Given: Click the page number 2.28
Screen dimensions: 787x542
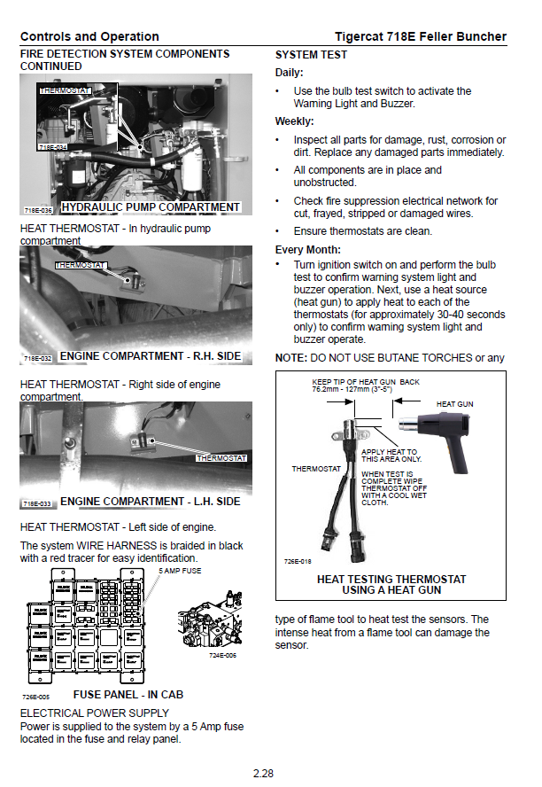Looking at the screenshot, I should coord(263,773).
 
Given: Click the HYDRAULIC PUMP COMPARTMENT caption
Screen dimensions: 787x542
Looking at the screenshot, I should coord(151,207).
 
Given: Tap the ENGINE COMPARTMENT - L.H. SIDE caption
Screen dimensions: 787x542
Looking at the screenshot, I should coord(150,502).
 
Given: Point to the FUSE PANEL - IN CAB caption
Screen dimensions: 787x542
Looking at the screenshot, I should coord(128,695).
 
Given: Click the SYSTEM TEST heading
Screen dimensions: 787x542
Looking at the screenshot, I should coord(311,55).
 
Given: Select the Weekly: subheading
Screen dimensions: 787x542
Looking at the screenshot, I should coord(295,121).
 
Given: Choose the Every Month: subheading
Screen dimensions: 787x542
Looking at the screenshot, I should coord(307,250).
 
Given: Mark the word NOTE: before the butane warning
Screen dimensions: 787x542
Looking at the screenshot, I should coord(290,358).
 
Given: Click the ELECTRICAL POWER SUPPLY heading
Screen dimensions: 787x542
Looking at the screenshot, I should coord(94,713).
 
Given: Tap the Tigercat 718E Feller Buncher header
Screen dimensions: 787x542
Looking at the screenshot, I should coord(421,36).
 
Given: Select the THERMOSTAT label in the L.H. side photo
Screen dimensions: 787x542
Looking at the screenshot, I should coord(221,458).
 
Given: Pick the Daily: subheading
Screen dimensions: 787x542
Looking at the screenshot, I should coord(290,73).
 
